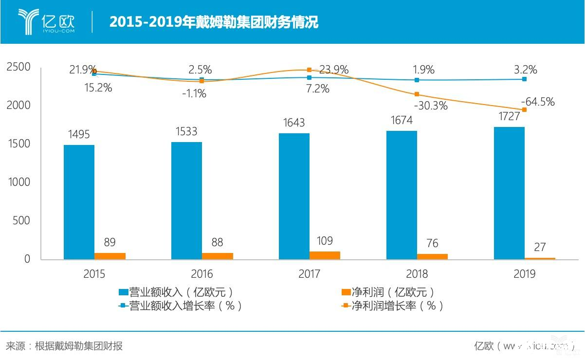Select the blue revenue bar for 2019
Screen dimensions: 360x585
(509, 193)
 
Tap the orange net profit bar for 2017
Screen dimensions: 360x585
(325, 255)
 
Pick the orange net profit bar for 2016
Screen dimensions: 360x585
(218, 256)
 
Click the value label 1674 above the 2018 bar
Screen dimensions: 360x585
(402, 120)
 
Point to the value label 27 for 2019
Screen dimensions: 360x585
(540, 247)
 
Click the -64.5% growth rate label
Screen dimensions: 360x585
(538, 102)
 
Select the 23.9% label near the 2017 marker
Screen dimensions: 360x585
(333, 70)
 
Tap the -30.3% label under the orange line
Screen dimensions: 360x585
(431, 106)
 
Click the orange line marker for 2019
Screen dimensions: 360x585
(524, 109)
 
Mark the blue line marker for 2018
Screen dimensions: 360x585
(417, 80)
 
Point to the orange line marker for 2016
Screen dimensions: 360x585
(201, 81)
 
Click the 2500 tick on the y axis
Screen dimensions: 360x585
(18, 67)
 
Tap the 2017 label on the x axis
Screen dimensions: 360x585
(309, 274)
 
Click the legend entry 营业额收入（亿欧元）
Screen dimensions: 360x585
(175, 292)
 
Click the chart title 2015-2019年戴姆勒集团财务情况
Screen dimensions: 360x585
(214, 22)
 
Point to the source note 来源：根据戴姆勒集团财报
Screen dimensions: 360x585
(64, 346)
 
